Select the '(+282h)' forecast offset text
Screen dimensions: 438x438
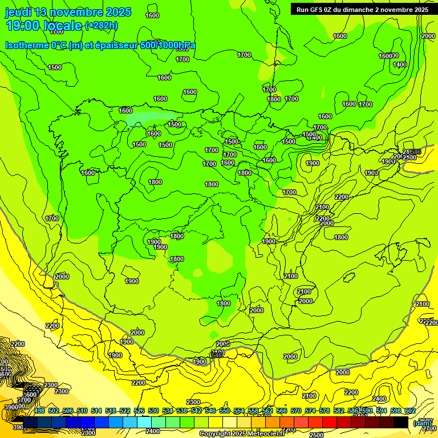(102, 26)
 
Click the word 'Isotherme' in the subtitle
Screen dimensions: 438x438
(26, 45)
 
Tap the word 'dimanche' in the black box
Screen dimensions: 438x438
(356, 10)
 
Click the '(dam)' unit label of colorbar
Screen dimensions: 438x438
(423, 423)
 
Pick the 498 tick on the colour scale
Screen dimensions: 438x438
(39, 411)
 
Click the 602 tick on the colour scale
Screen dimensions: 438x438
(410, 411)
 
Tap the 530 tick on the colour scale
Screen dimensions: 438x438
(153, 411)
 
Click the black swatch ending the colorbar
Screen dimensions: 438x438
(401, 422)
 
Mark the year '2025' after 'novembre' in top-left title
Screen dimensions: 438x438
(118, 12)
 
